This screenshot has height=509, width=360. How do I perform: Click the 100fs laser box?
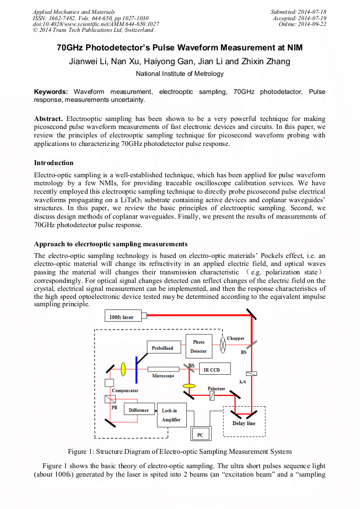click(122, 317)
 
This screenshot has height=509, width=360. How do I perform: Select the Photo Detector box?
click(199, 347)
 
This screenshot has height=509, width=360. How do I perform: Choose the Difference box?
click(139, 410)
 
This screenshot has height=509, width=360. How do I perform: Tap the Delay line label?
click(244, 423)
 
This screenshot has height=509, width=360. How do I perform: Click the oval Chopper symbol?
click(224, 346)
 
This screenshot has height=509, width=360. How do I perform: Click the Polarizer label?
click(216, 389)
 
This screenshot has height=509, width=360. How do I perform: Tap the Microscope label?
click(163, 376)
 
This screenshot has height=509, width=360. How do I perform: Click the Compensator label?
click(125, 391)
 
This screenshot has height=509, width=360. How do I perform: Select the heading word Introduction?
click(54, 162)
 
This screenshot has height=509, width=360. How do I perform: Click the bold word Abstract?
click(48, 118)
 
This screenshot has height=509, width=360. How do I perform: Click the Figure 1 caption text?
click(179, 452)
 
